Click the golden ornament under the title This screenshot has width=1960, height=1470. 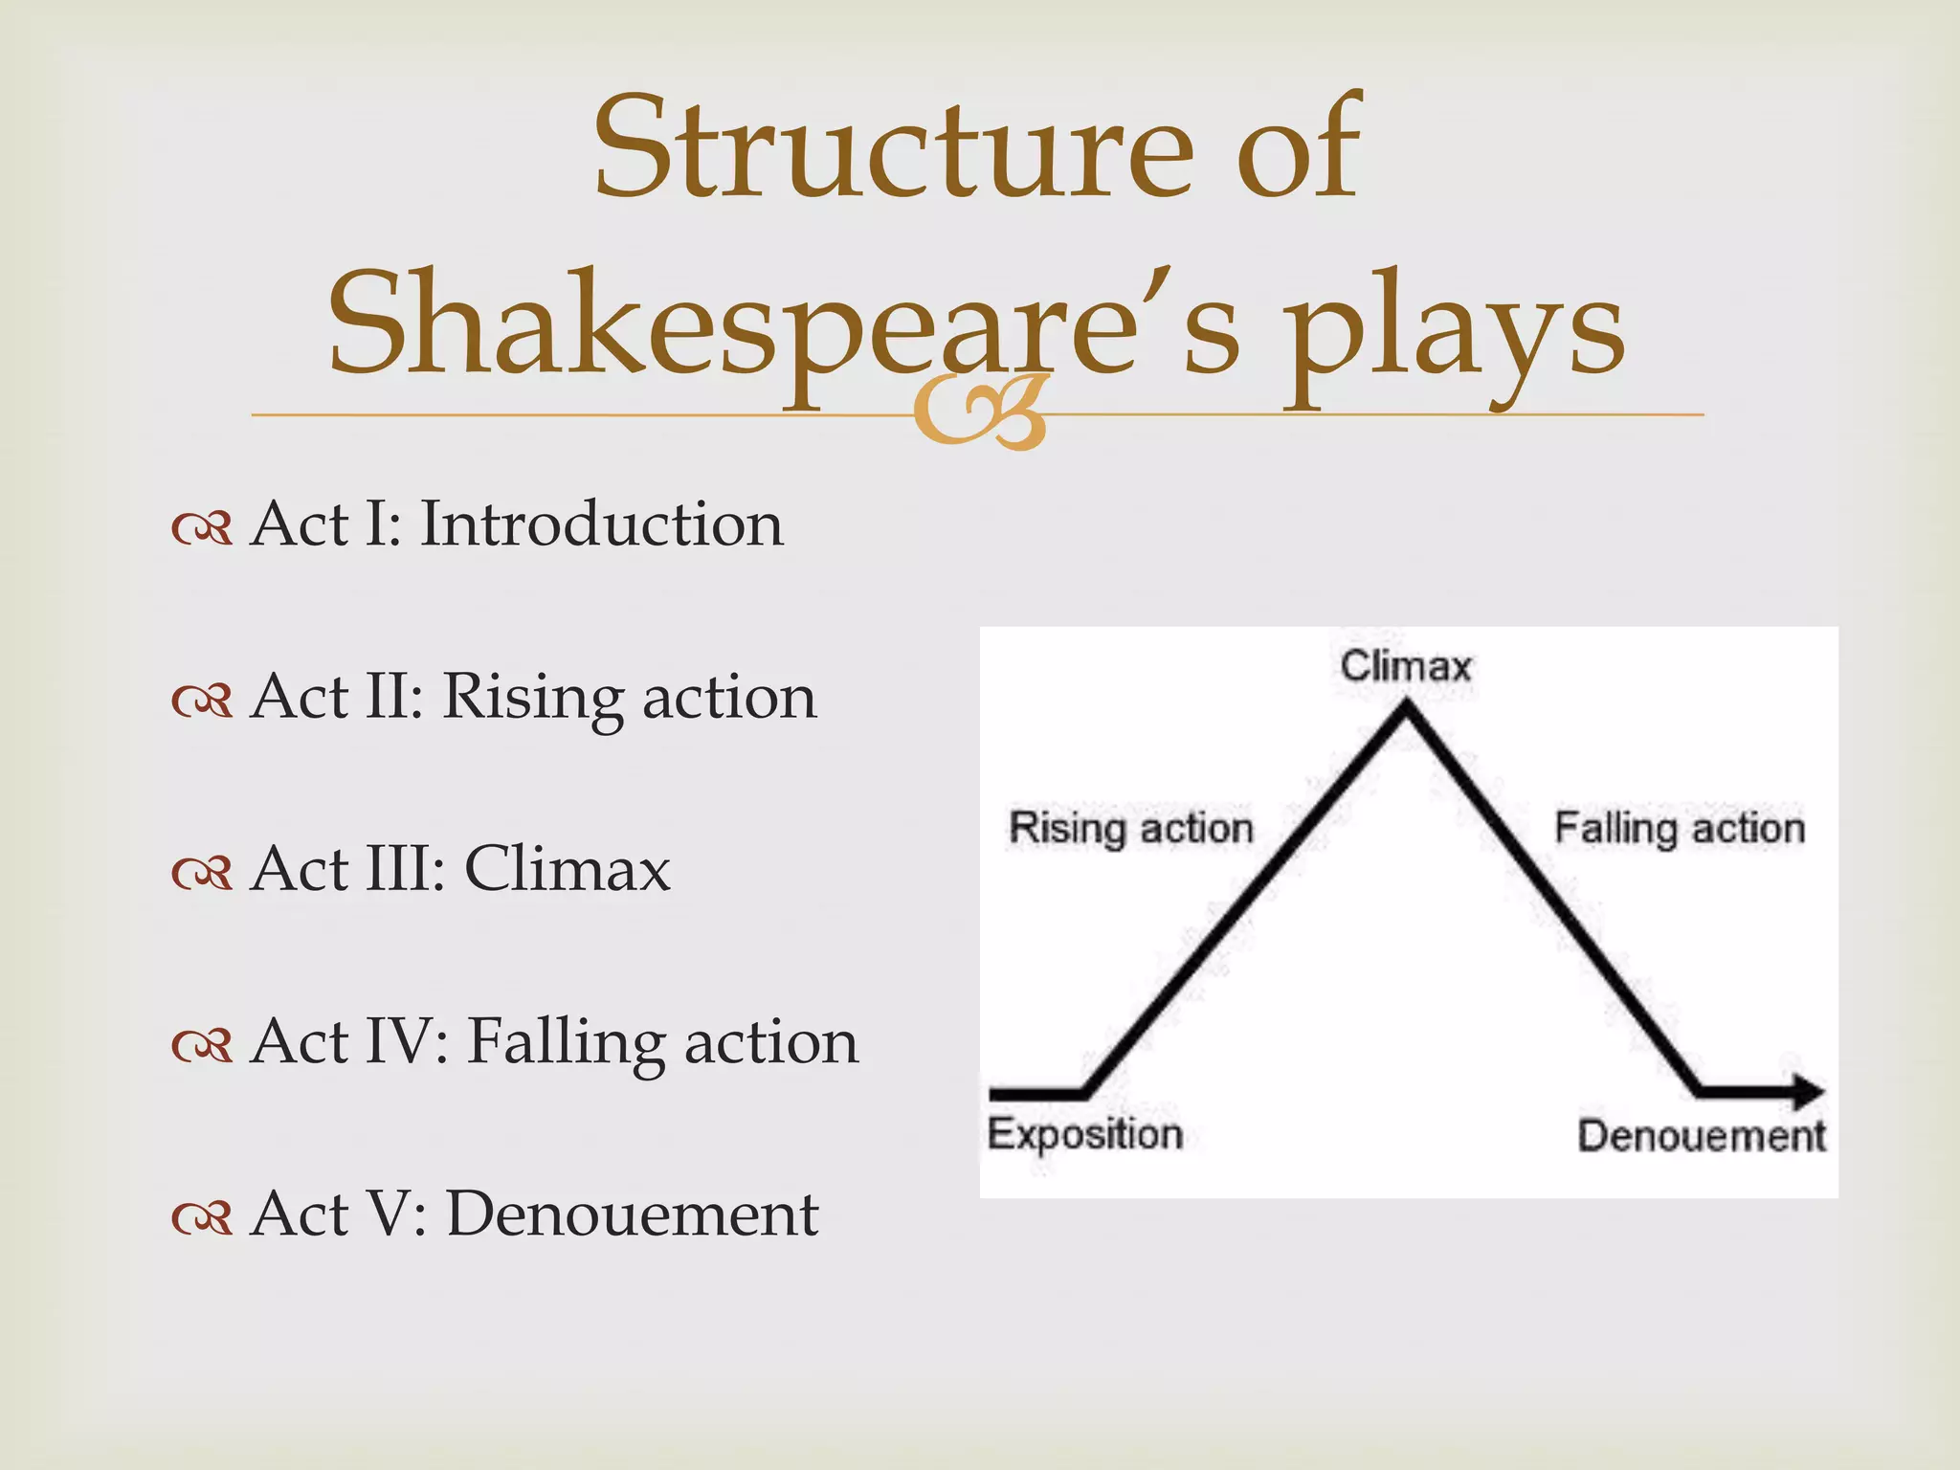click(979, 413)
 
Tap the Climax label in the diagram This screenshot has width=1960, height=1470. click(1405, 666)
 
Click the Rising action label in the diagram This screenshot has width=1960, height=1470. click(1130, 829)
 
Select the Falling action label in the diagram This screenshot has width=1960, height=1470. click(1680, 829)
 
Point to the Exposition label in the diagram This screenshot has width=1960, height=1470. click(1084, 1135)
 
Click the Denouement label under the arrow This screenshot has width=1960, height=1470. click(1701, 1137)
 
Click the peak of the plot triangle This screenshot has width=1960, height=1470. click(1405, 708)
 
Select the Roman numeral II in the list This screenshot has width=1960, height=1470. click(386, 697)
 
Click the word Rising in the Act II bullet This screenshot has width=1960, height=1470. click(531, 699)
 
